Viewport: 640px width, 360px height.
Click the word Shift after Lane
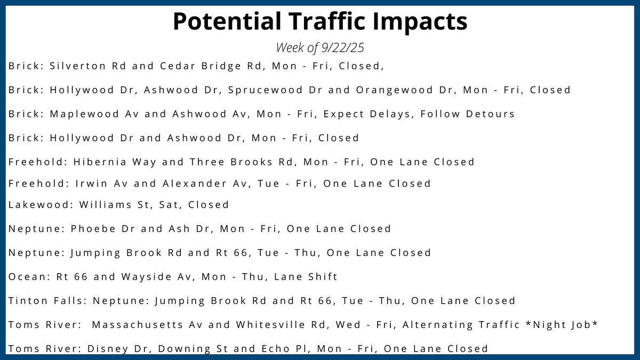[x=323, y=277]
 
